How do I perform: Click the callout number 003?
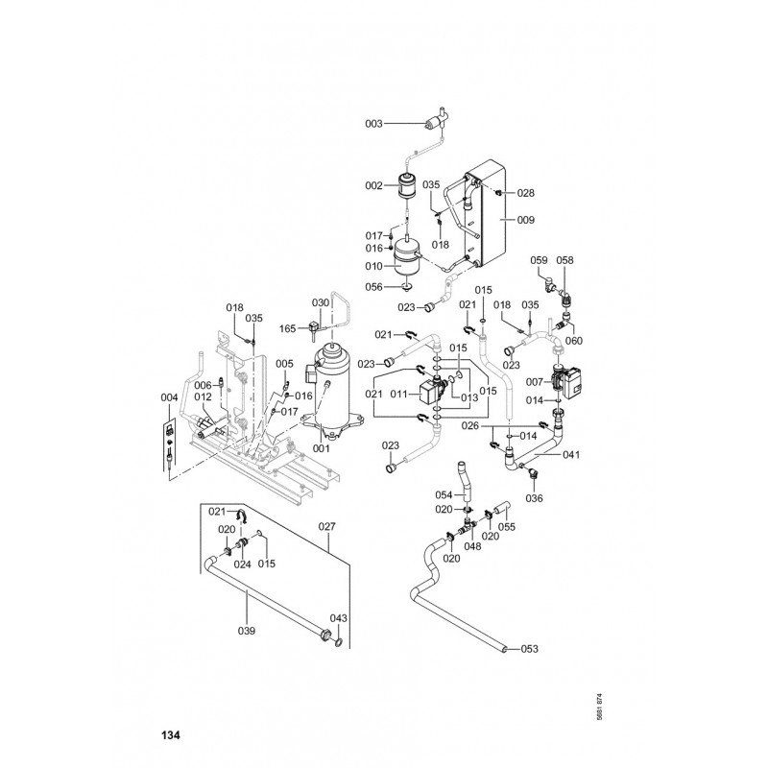(373, 124)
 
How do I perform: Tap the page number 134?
(171, 734)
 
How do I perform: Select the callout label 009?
(525, 220)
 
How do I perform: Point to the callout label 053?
(529, 649)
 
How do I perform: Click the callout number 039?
(247, 631)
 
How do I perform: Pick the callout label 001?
(322, 448)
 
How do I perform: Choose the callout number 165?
(287, 328)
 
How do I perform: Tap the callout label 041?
(571, 454)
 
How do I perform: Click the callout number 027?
(326, 526)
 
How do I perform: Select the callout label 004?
(169, 397)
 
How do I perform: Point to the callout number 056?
(373, 287)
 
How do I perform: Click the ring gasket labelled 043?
(338, 642)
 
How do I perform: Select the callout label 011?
(399, 395)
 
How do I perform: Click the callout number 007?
(535, 382)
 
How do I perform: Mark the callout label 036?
(534, 498)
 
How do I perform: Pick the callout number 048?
(472, 546)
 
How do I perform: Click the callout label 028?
(525, 193)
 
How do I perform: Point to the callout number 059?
(539, 260)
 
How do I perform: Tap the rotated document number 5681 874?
(599, 707)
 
